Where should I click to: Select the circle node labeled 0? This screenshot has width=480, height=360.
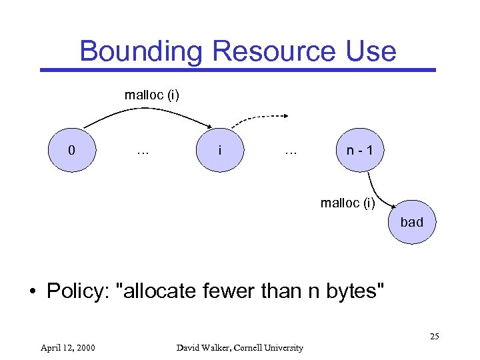72,150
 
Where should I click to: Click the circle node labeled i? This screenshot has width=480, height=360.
220,150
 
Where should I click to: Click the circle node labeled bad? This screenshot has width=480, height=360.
411,222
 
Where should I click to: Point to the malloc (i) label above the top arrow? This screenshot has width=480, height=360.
151,95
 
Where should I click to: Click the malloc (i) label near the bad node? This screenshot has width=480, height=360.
347,203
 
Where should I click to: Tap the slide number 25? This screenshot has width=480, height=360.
434,336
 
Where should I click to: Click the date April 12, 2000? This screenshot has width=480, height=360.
67,347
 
